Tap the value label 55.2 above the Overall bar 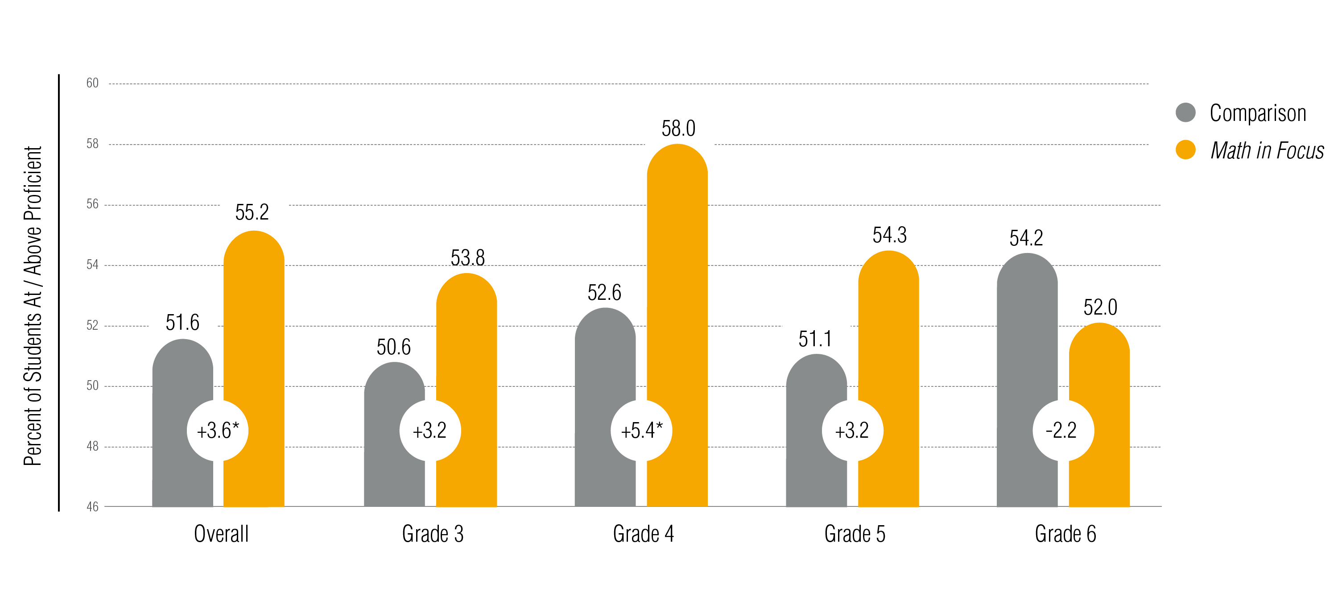point(252,212)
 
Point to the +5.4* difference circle point(641,430)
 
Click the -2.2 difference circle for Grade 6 point(1063,430)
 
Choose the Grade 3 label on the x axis point(433,534)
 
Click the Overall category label point(221,534)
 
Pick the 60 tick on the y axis point(92,83)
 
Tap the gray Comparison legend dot point(1185,112)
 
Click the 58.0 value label point(678,129)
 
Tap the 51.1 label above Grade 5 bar point(815,339)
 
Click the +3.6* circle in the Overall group point(218,430)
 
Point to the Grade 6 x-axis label point(1065,534)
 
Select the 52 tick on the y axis point(92,325)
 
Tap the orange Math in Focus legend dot point(1185,149)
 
